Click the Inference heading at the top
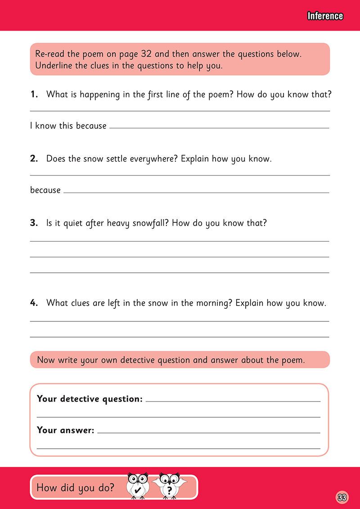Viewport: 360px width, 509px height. click(x=325, y=16)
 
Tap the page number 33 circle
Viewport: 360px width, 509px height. click(x=342, y=497)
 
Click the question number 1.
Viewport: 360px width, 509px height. click(x=34, y=95)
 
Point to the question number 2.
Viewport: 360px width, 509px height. click(x=34, y=159)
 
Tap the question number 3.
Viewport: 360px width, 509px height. click(x=34, y=223)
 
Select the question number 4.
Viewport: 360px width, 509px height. click(x=34, y=303)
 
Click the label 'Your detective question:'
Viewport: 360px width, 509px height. click(x=90, y=399)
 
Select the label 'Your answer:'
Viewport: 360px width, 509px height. click(x=65, y=430)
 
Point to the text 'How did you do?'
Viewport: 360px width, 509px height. click(x=75, y=487)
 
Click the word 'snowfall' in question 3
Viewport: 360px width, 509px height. click(x=149, y=223)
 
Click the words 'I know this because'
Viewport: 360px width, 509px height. click(x=68, y=126)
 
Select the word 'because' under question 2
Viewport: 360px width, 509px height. click(x=45, y=190)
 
